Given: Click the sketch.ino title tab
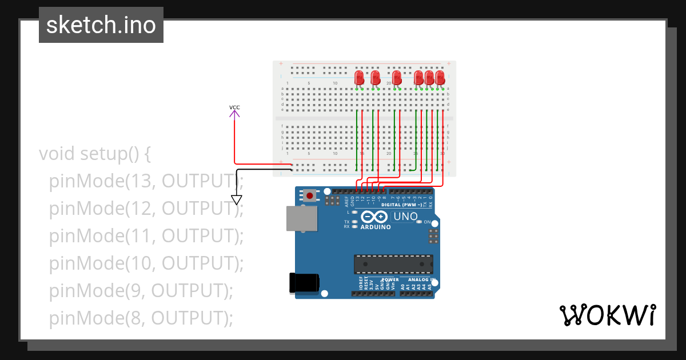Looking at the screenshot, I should click(101, 25).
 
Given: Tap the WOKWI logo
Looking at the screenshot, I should click(607, 315).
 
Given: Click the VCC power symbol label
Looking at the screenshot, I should click(234, 107).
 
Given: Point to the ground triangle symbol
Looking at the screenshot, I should click(237, 200).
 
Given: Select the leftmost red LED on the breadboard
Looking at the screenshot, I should click(359, 78).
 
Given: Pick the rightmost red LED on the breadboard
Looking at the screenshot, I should click(440, 78).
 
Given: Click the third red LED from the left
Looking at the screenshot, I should click(397, 78).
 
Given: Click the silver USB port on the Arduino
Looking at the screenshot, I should click(302, 218).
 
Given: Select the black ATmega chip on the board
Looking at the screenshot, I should click(393, 265).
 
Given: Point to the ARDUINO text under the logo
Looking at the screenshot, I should click(376, 227).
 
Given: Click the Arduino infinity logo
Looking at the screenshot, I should click(374, 217).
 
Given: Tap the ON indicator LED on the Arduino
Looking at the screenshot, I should click(420, 222).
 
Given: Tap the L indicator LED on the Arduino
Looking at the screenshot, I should click(355, 212).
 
